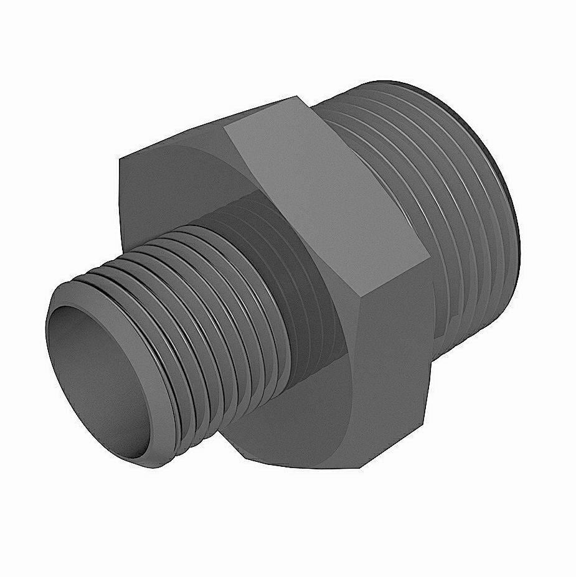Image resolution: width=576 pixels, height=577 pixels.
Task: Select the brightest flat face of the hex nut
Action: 324,199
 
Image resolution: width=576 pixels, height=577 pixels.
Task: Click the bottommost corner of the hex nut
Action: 361,467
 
